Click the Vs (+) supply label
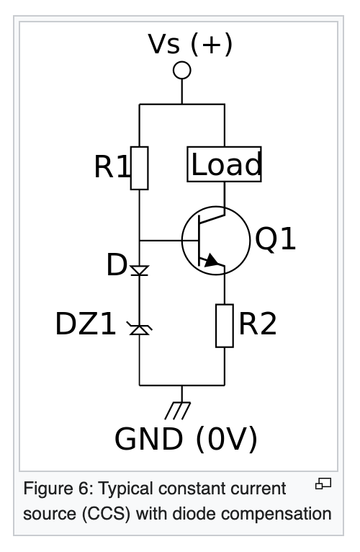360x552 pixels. pyautogui.click(x=190, y=44)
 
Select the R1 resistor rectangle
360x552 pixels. pyautogui.click(x=140, y=168)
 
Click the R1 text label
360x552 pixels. pyautogui.click(x=112, y=166)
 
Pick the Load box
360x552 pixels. pyautogui.click(x=224, y=164)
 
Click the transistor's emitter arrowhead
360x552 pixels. pyautogui.click(x=212, y=261)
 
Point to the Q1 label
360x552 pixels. pyautogui.click(x=275, y=239)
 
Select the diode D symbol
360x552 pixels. pyautogui.click(x=140, y=270)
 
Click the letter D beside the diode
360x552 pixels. pyautogui.click(x=116, y=264)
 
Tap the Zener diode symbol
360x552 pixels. pyautogui.click(x=140, y=329)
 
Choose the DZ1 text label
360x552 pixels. pyautogui.click(x=86, y=324)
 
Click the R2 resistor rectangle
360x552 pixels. pyautogui.click(x=225, y=326)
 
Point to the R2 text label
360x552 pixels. pyautogui.click(x=258, y=324)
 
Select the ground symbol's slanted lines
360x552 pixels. pyautogui.click(x=178, y=411)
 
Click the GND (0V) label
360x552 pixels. pyautogui.click(x=186, y=439)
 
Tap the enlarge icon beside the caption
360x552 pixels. pyautogui.click(x=323, y=484)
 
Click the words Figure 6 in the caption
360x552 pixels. pyautogui.click(x=57, y=489)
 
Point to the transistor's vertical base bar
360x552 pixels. pyautogui.click(x=199, y=241)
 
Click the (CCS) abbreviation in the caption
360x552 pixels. pyautogui.click(x=106, y=514)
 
